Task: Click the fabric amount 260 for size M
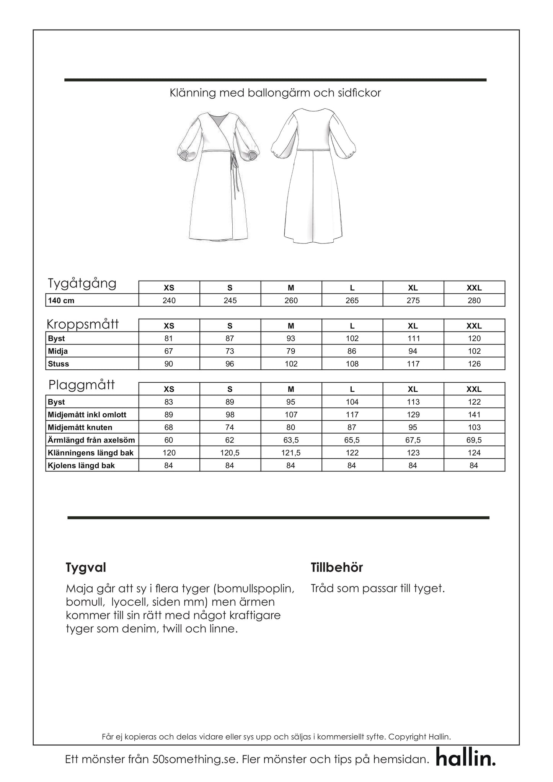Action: [x=291, y=300]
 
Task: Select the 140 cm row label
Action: [x=61, y=300]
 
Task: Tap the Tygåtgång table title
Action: [x=82, y=284]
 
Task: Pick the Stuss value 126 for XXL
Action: [x=474, y=364]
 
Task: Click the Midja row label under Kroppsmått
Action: [x=58, y=351]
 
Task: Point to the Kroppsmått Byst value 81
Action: [x=169, y=338]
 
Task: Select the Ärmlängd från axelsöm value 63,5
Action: [x=291, y=440]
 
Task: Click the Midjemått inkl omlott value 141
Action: [x=474, y=415]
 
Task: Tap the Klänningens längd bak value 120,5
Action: [x=230, y=453]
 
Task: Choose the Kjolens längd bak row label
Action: [x=81, y=465]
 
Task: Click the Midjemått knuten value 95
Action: [x=413, y=427]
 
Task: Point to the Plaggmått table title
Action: [x=82, y=385]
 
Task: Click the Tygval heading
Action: [x=86, y=567]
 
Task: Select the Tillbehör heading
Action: [x=337, y=567]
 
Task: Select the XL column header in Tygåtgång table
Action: [x=413, y=288]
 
